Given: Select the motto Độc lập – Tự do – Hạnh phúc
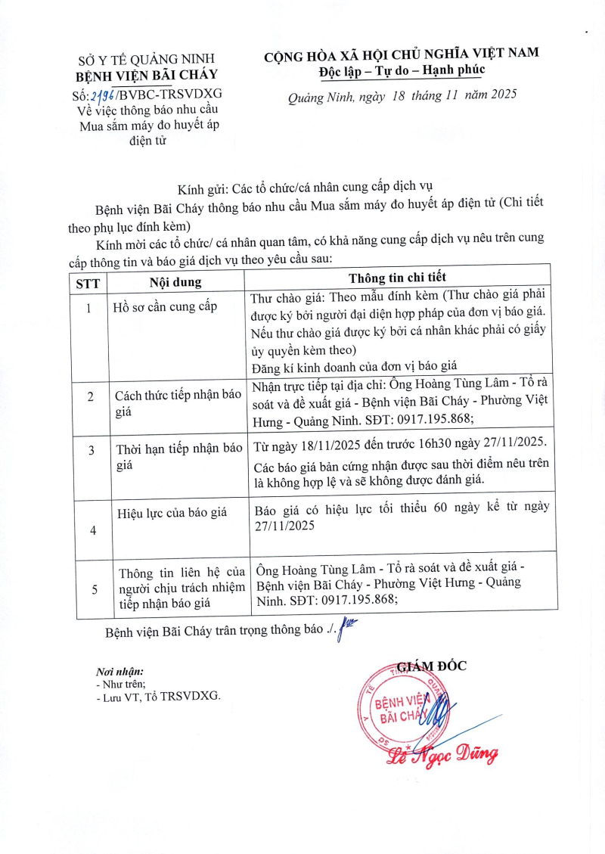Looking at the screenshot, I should click(x=402, y=70).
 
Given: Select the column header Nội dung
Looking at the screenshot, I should click(x=175, y=282).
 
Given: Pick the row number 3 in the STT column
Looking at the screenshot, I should click(x=92, y=450).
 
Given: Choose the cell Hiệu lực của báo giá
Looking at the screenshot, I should click(x=172, y=512).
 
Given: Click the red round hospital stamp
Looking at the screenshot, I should click(x=407, y=703).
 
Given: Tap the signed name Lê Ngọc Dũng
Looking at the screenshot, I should click(x=442, y=753).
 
